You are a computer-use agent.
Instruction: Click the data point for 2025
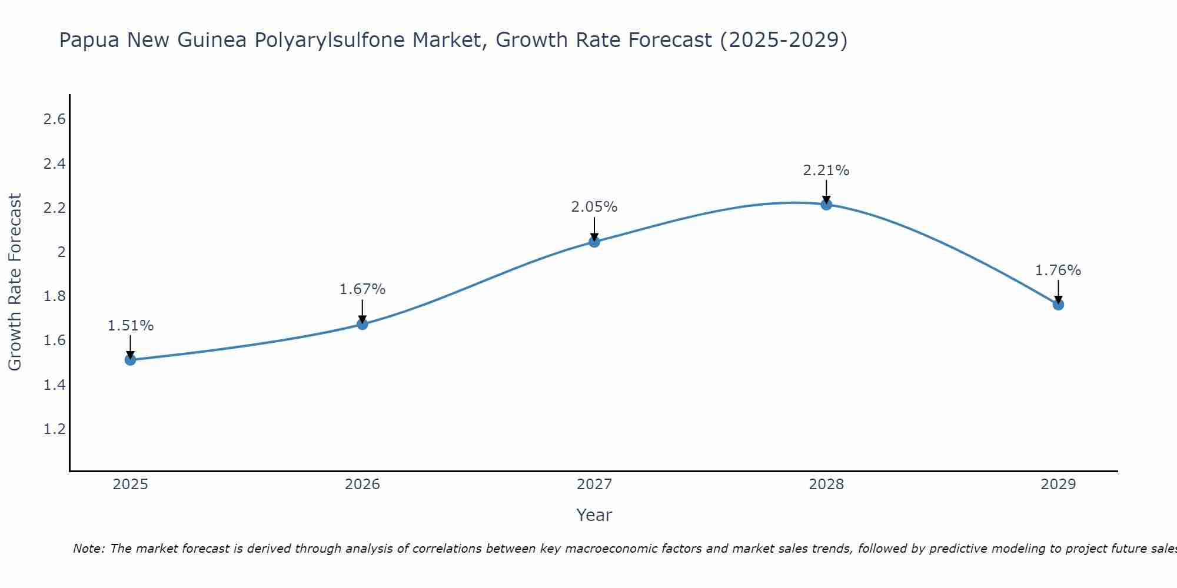tap(131, 360)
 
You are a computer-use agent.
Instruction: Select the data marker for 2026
tap(363, 324)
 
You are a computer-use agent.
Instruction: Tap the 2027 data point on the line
tap(594, 242)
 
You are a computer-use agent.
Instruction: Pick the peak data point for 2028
tap(826, 205)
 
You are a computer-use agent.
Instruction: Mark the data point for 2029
tap(1058, 305)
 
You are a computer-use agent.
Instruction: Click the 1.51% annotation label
tap(131, 326)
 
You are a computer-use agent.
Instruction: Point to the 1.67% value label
tap(363, 289)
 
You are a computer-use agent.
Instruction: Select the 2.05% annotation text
tap(594, 207)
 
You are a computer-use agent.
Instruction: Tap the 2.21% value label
tap(826, 171)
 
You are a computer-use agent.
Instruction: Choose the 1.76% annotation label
tap(1058, 270)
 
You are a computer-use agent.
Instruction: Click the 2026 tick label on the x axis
tap(363, 485)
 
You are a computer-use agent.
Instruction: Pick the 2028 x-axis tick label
tap(826, 485)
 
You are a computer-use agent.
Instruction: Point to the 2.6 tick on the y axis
tap(54, 119)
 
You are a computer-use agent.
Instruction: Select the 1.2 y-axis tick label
tap(54, 429)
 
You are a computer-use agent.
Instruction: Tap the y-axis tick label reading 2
tap(61, 252)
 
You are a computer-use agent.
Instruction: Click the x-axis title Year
tap(594, 515)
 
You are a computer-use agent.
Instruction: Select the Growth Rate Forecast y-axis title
tap(15, 282)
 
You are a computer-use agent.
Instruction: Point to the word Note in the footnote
tap(88, 549)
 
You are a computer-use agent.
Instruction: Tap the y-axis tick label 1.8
tap(54, 296)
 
